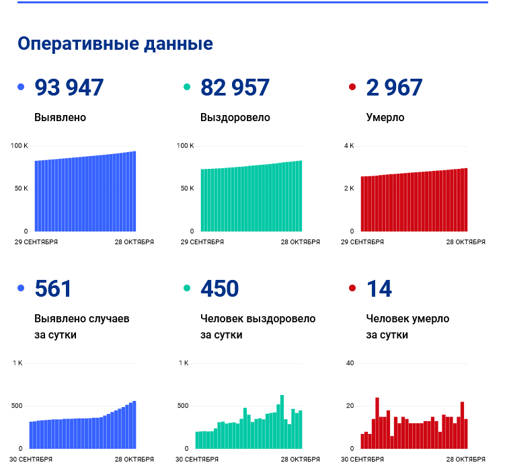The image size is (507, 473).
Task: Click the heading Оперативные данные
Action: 115,44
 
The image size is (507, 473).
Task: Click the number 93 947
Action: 69,87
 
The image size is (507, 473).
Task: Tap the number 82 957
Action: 235,87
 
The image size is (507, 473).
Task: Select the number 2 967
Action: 395,87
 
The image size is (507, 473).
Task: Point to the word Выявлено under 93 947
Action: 61,117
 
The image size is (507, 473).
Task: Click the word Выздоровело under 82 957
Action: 235,117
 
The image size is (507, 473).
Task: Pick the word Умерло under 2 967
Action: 385,117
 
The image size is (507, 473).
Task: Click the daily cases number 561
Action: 53,289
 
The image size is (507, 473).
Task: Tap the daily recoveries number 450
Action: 219,289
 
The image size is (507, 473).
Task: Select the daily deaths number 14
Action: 379,289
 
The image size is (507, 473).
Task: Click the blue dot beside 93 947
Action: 21,87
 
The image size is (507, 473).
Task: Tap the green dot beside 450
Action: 187,289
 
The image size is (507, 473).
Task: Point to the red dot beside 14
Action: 352,289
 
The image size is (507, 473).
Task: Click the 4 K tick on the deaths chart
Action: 349,146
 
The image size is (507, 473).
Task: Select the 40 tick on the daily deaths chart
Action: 350,363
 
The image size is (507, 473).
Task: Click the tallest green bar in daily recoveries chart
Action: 282,421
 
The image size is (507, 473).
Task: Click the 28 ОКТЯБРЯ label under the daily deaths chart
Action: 466,460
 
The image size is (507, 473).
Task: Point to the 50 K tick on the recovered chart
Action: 186,188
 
